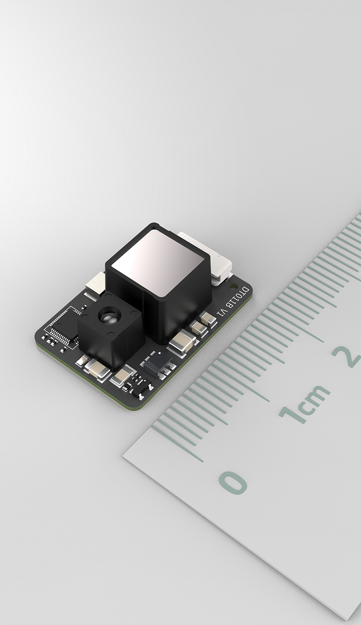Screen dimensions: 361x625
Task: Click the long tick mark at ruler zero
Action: pos(177,444)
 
